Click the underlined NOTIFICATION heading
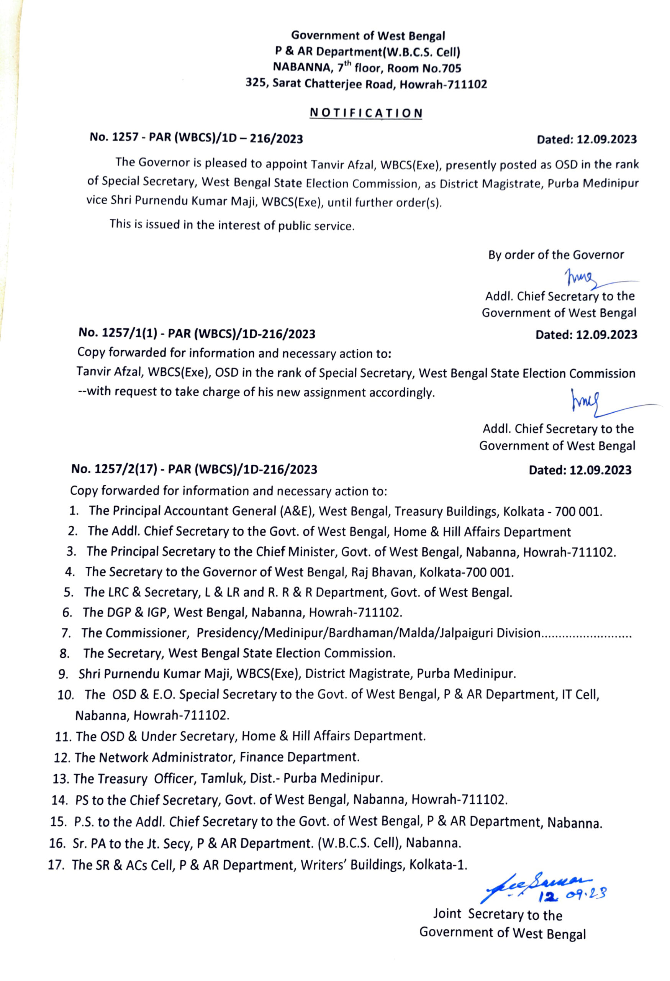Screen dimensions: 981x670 click(x=366, y=113)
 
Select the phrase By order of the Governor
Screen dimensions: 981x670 click(x=556, y=255)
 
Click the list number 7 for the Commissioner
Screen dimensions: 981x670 click(x=66, y=633)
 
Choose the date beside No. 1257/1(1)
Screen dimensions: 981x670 click(x=586, y=335)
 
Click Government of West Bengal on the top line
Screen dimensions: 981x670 click(x=368, y=36)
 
